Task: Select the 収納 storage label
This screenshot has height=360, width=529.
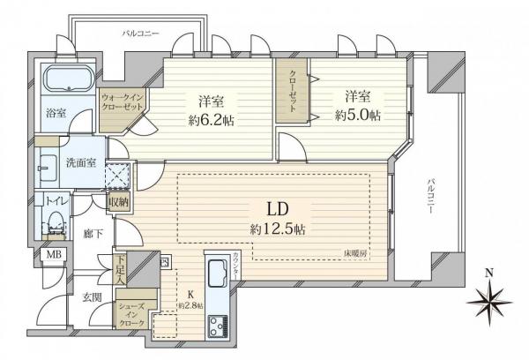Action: coord(119,201)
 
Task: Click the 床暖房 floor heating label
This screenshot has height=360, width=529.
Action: coord(355,253)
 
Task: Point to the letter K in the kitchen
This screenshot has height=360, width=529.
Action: coord(186,297)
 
